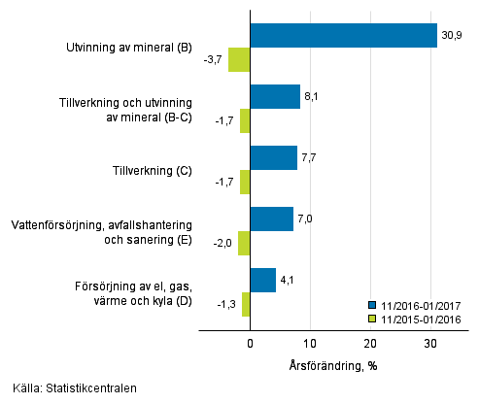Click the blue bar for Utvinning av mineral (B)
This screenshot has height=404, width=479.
(343, 35)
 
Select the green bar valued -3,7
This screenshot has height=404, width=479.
(239, 59)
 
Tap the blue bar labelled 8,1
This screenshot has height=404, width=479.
(275, 96)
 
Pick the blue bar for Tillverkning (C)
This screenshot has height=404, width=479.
(273, 157)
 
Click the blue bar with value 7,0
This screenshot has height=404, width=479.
(271, 219)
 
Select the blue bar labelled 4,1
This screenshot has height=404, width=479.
(262, 280)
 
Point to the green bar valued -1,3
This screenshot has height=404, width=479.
(246, 304)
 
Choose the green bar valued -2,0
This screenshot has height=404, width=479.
(244, 243)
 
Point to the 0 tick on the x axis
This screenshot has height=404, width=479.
(250, 344)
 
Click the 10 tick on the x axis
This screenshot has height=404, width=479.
(310, 344)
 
